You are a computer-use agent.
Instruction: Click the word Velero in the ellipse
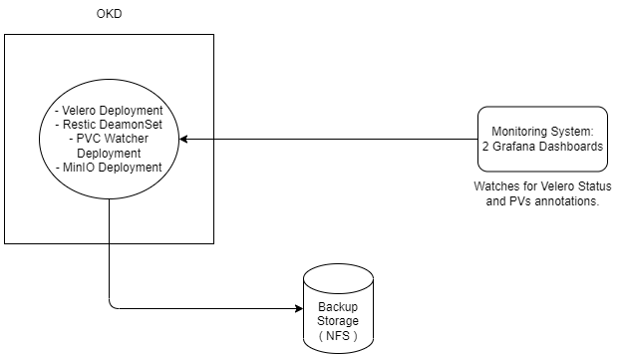tap(83, 110)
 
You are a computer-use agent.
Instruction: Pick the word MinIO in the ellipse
tap(79, 168)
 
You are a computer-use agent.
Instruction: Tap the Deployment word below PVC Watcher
tap(109, 154)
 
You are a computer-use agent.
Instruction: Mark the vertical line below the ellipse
tap(109, 220)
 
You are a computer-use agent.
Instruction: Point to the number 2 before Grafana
tap(484, 147)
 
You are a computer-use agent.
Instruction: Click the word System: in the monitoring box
tap(572, 132)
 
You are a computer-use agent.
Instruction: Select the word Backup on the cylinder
tap(338, 307)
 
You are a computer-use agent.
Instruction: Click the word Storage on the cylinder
tap(338, 321)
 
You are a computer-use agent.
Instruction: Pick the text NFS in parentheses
tap(338, 335)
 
